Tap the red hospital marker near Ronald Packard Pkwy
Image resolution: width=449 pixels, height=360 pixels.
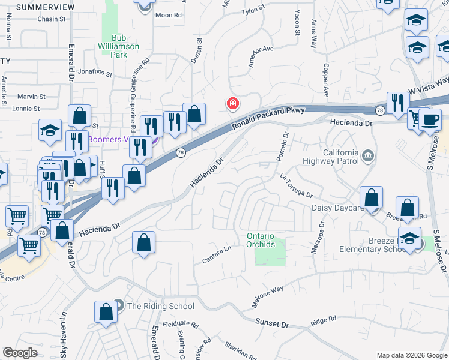232,104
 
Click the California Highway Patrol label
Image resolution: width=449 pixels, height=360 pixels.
341,157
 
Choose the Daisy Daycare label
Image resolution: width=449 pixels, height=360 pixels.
337,208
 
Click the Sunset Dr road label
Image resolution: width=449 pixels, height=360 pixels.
272,323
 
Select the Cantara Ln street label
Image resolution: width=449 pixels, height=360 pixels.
217,255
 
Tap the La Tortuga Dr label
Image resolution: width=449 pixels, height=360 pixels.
296,185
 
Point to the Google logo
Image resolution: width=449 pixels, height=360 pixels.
20,353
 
